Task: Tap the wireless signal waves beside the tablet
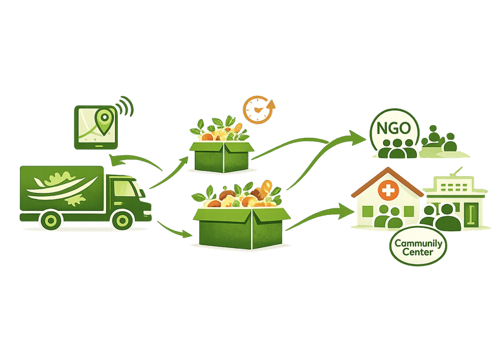(x=124, y=107)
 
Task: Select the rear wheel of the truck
(x=49, y=220)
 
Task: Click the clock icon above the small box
(x=258, y=110)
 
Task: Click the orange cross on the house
(x=388, y=191)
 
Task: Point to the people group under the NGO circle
(x=395, y=148)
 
